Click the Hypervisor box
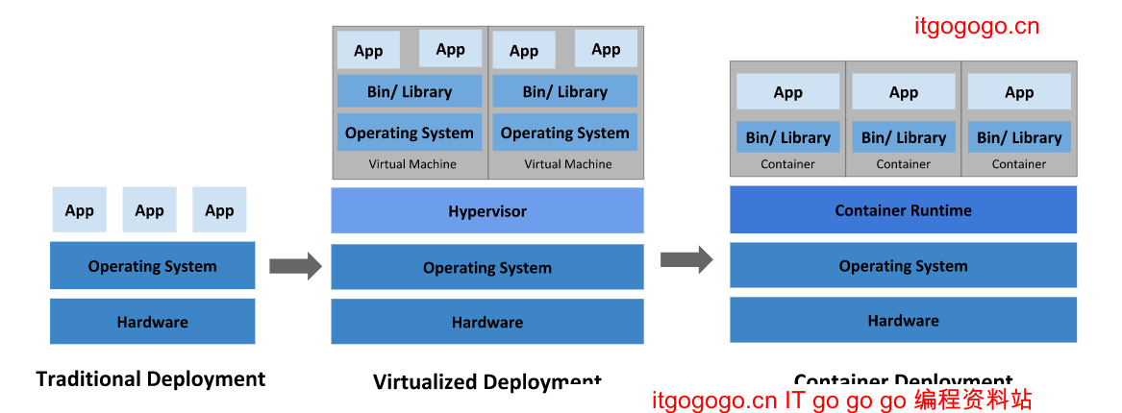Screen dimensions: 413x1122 pos(487,210)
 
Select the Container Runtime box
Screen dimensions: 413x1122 pos(903,209)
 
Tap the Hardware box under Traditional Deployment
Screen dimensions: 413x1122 pos(152,321)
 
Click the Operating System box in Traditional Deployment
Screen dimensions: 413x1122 pos(152,266)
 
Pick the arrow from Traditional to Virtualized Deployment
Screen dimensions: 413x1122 pos(295,266)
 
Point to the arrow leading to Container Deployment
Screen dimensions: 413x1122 pos(686,259)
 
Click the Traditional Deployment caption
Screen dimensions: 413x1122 pos(151,378)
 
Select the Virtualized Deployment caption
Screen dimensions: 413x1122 pos(486,381)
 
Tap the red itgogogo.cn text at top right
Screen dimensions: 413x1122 pos(976,26)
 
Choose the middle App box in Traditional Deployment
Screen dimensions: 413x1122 pos(149,210)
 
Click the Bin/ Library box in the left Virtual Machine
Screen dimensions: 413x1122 pos(410,91)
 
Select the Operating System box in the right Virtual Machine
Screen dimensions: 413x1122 pos(565,133)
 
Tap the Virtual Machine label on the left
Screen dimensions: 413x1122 pos(412,164)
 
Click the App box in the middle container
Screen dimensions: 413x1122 pos(904,92)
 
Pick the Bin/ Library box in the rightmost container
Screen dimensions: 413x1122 pos(1019,137)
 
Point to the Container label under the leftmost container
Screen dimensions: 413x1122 pos(787,164)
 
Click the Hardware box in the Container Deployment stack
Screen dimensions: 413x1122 pos(903,320)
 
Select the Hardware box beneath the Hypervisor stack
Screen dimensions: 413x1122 pos(487,322)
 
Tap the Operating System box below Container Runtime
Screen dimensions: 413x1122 pos(903,266)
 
